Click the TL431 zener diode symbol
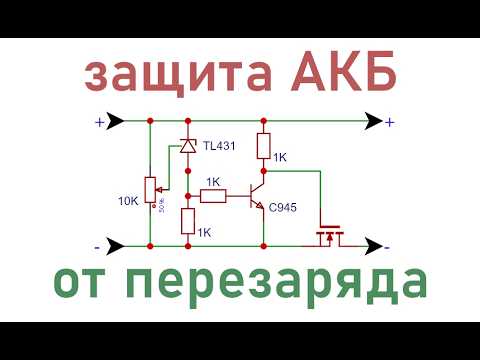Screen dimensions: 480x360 point(186,146)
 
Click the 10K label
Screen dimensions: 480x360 point(128,200)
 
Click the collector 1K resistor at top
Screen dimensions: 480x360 point(263,145)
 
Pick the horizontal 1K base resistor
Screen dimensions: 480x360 point(214,195)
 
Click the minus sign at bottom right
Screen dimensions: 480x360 point(388,245)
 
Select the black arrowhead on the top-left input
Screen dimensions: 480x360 point(116,122)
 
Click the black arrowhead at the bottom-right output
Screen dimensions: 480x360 point(371,245)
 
